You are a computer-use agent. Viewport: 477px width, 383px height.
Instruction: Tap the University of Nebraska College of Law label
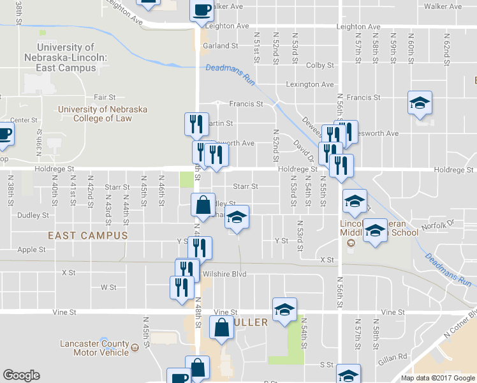pyautogui.click(x=102, y=114)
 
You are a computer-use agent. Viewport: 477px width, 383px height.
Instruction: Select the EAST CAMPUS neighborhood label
pyautogui.click(x=88, y=236)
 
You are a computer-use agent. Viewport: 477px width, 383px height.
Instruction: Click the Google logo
pyautogui.click(x=21, y=375)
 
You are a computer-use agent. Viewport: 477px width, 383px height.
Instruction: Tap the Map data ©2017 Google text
pyautogui.click(x=437, y=378)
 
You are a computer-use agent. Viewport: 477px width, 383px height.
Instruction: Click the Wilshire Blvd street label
pyautogui.click(x=224, y=274)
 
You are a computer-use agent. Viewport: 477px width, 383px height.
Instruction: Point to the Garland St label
pyautogui.click(x=220, y=46)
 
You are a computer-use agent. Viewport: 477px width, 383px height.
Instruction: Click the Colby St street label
pyautogui.click(x=320, y=65)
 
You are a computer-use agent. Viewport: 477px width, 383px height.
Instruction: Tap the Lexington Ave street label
pyautogui.click(x=310, y=84)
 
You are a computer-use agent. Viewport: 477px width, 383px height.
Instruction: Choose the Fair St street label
pyautogui.click(x=104, y=98)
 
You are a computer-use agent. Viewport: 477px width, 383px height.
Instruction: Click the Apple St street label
pyautogui.click(x=32, y=250)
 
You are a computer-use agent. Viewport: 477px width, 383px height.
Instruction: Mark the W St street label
pyautogui.click(x=108, y=287)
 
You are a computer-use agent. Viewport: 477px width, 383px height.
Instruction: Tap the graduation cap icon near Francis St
pyautogui.click(x=420, y=102)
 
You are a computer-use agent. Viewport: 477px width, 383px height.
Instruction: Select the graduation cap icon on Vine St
pyautogui.click(x=284, y=310)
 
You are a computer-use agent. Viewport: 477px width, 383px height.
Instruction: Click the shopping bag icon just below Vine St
pyautogui.click(x=221, y=328)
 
